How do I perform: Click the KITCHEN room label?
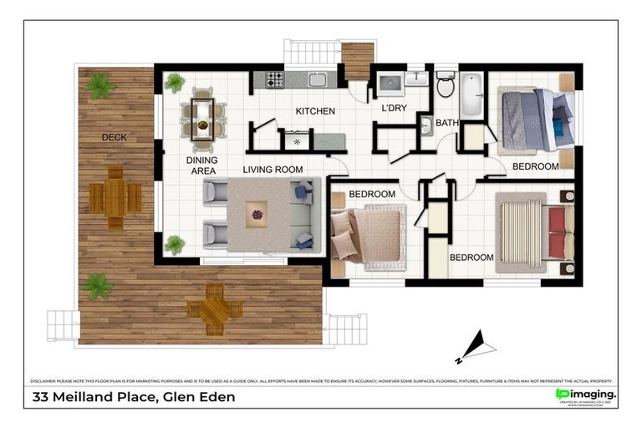[x=315, y=111]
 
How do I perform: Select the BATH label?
[x=446, y=123]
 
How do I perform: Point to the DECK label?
[x=115, y=137]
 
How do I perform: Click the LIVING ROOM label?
[x=273, y=170]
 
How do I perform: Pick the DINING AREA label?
[x=202, y=164]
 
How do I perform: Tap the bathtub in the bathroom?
[x=471, y=95]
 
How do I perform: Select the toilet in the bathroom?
[x=445, y=86]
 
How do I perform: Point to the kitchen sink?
[x=317, y=80]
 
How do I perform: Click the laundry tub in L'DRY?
[x=391, y=84]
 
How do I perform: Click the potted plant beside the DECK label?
[x=100, y=85]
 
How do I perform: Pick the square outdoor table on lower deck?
[x=215, y=308]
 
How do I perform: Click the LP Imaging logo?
[x=585, y=394]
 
